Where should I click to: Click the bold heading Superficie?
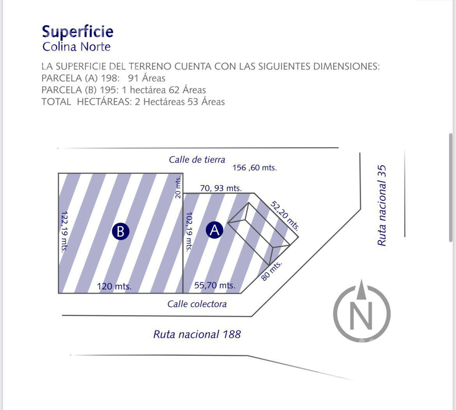pyautogui.click(x=78, y=32)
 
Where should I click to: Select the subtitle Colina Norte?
pyautogui.click(x=76, y=46)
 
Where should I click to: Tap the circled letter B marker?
pyautogui.click(x=120, y=231)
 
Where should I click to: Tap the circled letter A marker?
pyautogui.click(x=214, y=230)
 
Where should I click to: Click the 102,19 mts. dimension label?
pyautogui.click(x=189, y=231)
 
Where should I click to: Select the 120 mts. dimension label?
pyautogui.click(x=114, y=286)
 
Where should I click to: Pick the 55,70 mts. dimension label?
pyautogui.click(x=215, y=285)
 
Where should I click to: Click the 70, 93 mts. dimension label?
pyautogui.click(x=221, y=188)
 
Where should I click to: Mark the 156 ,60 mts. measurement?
pyautogui.click(x=255, y=168)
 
